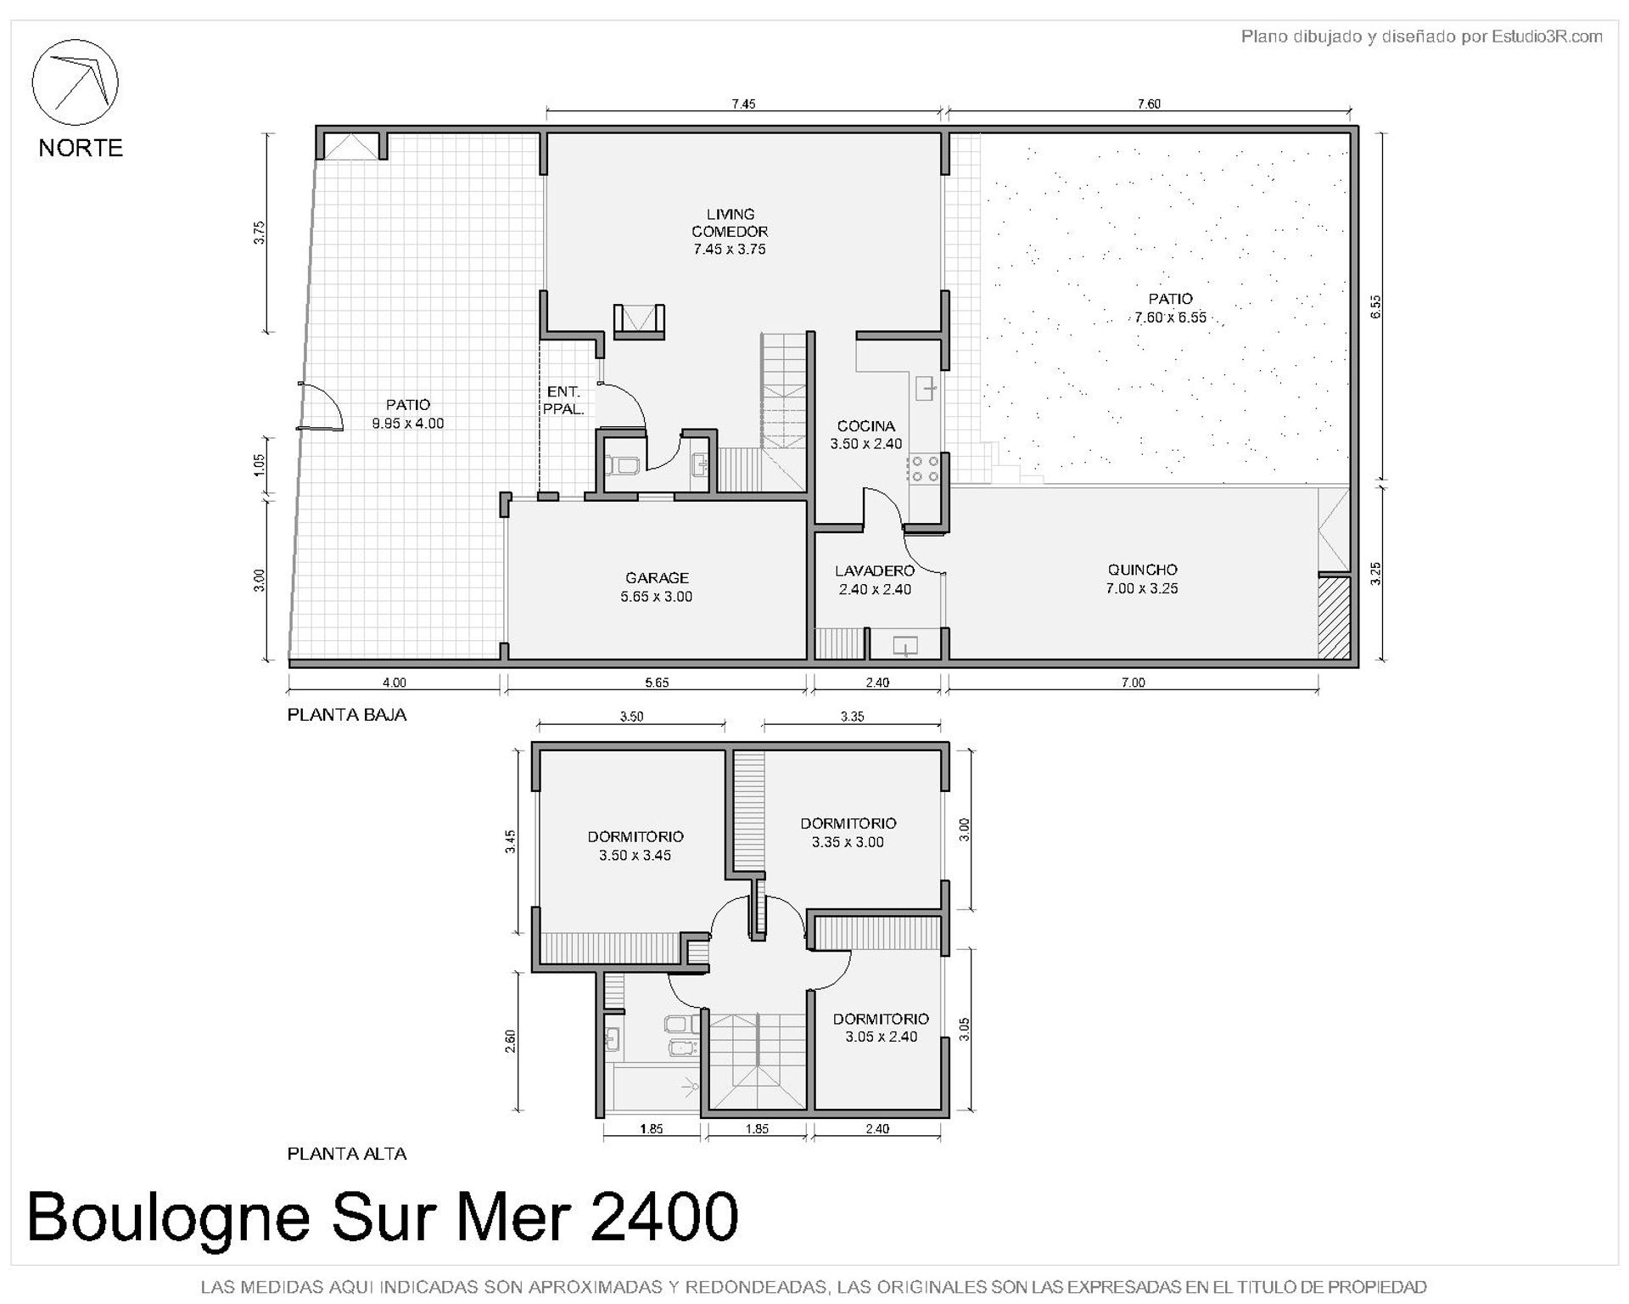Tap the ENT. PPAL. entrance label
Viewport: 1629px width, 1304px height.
563,400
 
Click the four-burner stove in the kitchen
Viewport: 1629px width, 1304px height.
923,469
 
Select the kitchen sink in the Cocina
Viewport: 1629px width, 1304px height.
926,390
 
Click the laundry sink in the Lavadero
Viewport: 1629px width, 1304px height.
905,645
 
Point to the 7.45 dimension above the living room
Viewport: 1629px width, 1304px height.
743,104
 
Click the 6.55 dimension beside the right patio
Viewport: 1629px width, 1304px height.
1375,306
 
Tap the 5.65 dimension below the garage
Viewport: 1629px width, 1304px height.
657,683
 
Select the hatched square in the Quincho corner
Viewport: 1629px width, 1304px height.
1334,617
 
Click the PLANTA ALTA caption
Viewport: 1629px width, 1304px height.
347,1154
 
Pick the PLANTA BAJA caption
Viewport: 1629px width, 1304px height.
347,715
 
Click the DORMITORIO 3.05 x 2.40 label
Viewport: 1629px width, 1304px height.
881,1027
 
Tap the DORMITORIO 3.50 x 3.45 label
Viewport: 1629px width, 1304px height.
635,846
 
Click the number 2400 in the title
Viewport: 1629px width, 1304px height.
663,1217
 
